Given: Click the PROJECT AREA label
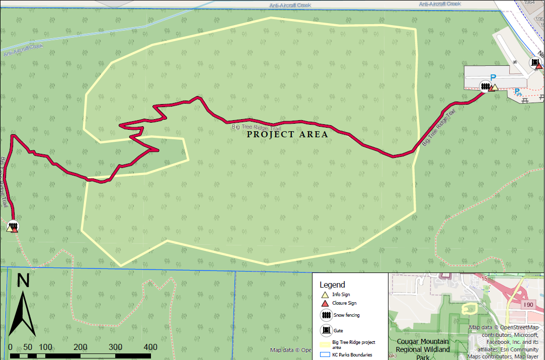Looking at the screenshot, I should (287, 134).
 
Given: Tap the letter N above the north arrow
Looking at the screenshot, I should (23, 281).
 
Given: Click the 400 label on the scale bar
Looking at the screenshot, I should (150, 347).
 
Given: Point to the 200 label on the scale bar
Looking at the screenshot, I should (81, 347).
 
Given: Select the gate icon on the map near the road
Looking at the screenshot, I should (534, 62).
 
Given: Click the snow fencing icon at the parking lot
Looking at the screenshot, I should (485, 86).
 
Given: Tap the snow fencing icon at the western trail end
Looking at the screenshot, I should (14, 225).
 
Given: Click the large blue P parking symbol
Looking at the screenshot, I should (493, 77).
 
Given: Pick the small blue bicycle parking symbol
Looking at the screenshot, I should (517, 92).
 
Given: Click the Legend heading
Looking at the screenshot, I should (332, 285).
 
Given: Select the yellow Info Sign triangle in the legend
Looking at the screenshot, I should (325, 294).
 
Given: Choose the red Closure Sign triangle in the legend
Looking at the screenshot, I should (325, 303).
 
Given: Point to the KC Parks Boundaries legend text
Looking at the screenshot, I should (352, 354).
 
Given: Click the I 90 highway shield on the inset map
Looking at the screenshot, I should (528, 305).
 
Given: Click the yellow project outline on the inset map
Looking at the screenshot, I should (469, 308).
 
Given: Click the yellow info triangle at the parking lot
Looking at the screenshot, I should (494, 87).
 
